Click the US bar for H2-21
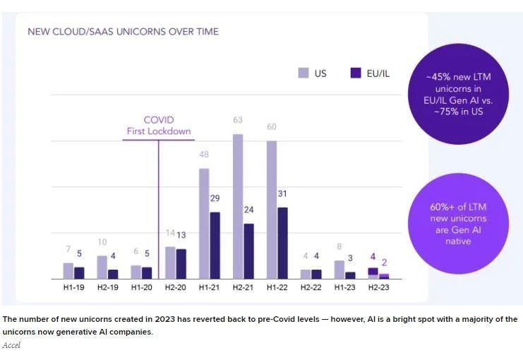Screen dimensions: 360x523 pos(238,206)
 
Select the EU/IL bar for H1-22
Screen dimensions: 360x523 pos(283,243)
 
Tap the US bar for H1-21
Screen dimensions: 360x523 pos(204,223)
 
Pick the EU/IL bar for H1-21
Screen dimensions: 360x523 pos(215,245)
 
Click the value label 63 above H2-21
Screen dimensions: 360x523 pos(238,121)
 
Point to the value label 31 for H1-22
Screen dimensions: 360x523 pos(283,194)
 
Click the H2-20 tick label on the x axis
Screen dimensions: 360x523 pos(176,287)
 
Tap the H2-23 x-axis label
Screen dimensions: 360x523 pos(378,287)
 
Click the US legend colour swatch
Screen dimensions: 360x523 pos(303,73)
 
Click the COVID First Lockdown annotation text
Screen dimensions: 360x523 pos(159,125)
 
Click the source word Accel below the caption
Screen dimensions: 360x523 pos(11,345)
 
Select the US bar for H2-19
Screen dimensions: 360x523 pos(102,267)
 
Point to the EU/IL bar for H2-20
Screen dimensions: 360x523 pos(181,263)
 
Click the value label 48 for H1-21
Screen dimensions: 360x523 pos(204,155)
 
